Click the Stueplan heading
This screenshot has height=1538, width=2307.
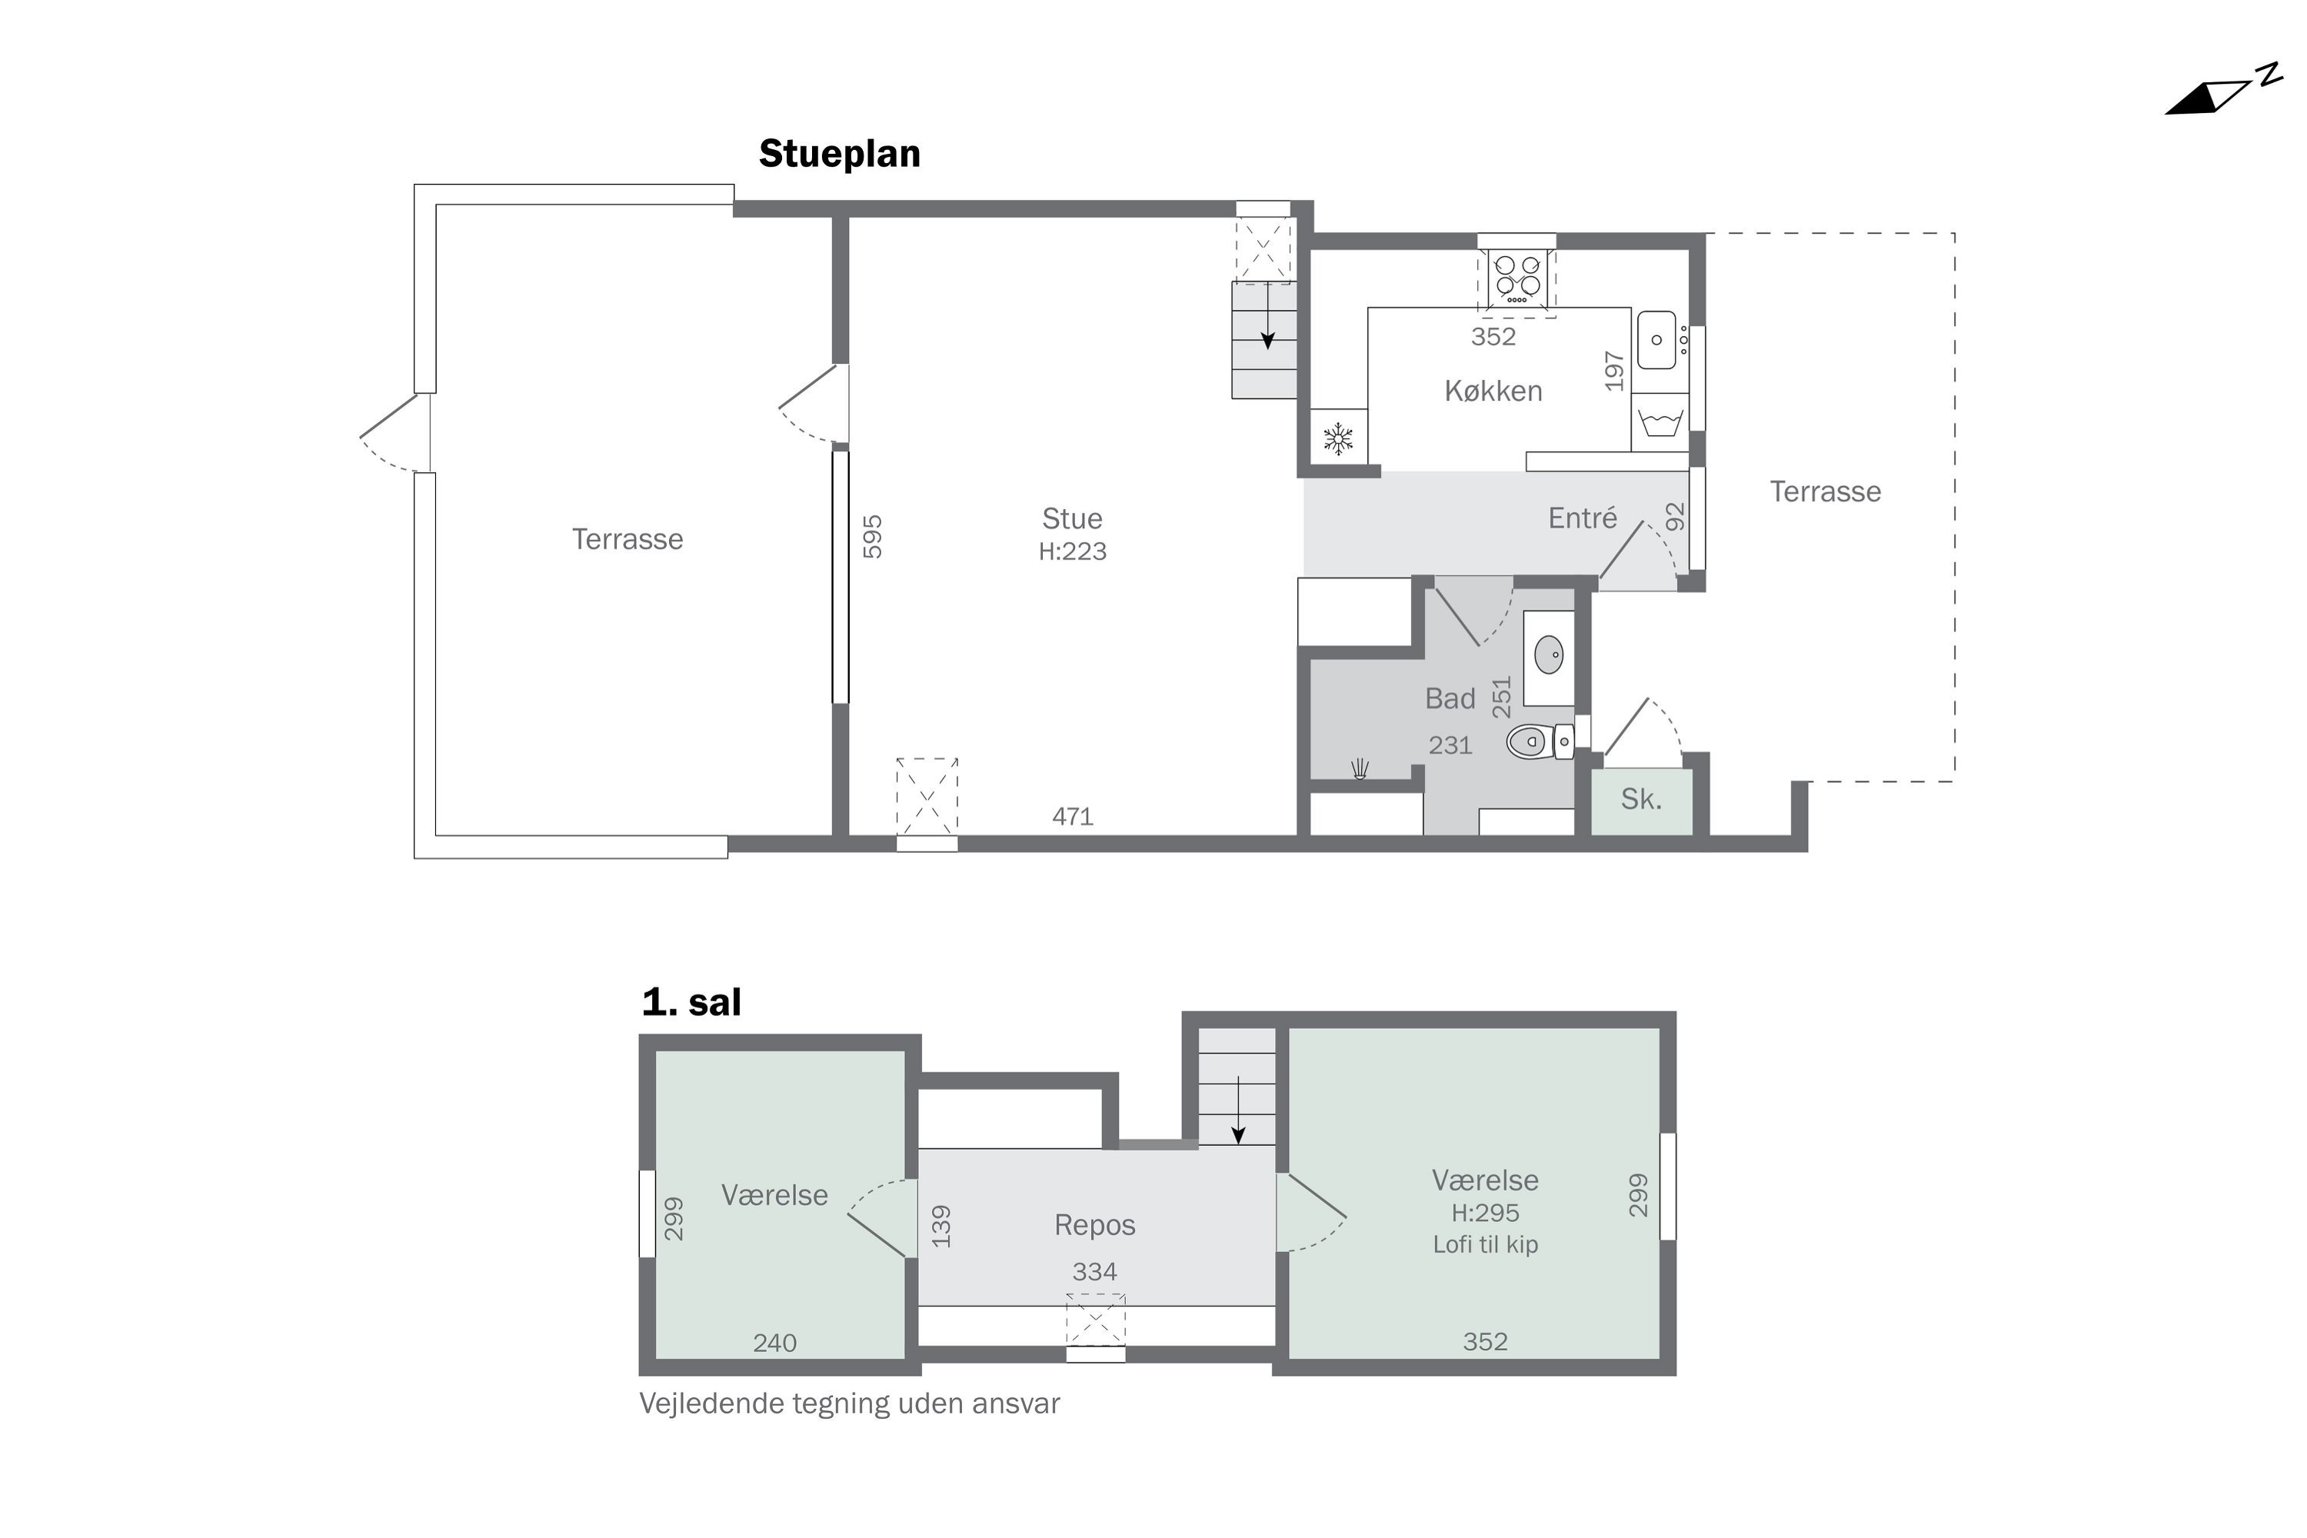pyautogui.click(x=840, y=154)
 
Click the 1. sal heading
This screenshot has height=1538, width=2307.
pyautogui.click(x=691, y=1003)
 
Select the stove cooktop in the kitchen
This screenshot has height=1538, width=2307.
pyautogui.click(x=1516, y=278)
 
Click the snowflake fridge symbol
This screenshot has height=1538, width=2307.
pyautogui.click(x=1338, y=438)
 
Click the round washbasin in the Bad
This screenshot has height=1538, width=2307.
pyautogui.click(x=1549, y=654)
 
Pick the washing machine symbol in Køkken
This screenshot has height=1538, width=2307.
pyautogui.click(x=1660, y=423)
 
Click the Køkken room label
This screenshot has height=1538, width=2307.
pyautogui.click(x=1493, y=391)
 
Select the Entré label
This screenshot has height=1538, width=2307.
pyautogui.click(x=1582, y=517)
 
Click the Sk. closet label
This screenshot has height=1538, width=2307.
pyautogui.click(x=1641, y=800)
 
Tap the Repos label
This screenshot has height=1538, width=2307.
pyautogui.click(x=1094, y=1224)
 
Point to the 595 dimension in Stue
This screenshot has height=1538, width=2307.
pyautogui.click(x=872, y=537)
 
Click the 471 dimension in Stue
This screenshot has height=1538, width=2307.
pyautogui.click(x=1072, y=816)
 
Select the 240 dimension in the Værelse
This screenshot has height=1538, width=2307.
pyautogui.click(x=775, y=1343)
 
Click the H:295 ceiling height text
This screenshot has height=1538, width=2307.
pyautogui.click(x=1485, y=1213)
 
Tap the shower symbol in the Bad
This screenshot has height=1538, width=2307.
pyautogui.click(x=1360, y=769)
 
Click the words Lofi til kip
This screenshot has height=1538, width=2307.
pyautogui.click(x=1485, y=1245)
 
